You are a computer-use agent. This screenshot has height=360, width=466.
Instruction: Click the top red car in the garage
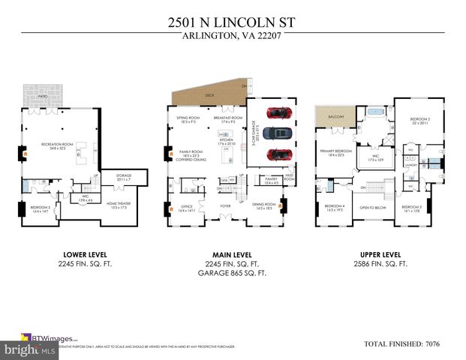tap(279, 114)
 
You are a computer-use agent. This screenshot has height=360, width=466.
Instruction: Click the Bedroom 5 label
tap(41, 208)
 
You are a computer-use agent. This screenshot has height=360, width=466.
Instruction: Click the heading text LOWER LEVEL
tap(77, 254)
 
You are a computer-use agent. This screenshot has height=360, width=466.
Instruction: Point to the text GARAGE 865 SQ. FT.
tap(232, 274)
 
